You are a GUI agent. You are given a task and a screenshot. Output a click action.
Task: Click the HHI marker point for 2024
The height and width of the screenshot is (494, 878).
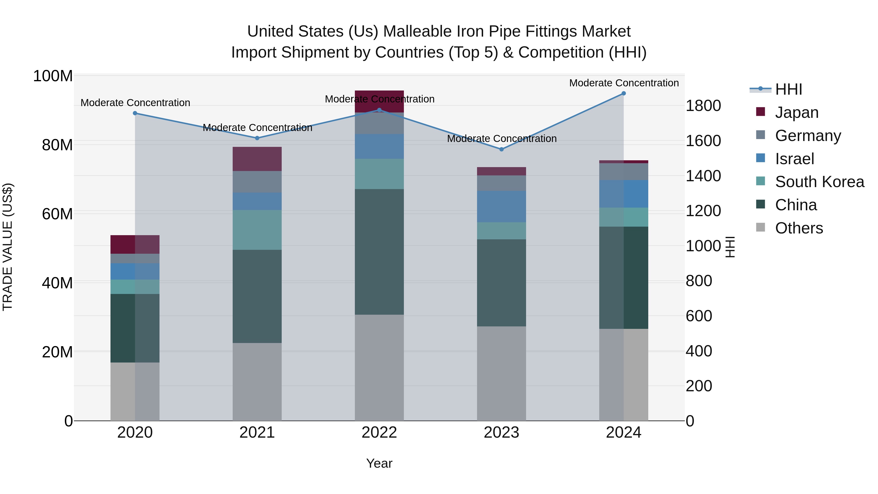point(623,93)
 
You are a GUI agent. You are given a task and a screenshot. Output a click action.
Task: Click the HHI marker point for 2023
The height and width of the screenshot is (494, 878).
point(501,149)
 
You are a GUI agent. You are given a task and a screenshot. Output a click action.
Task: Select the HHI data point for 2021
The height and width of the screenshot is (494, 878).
point(257,138)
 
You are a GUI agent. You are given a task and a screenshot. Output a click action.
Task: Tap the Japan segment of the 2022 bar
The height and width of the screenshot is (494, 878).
point(379,101)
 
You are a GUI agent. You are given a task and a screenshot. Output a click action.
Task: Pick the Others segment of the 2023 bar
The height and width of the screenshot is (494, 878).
point(501,373)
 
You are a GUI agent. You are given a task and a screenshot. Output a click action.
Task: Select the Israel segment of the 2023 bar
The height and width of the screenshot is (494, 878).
point(501,207)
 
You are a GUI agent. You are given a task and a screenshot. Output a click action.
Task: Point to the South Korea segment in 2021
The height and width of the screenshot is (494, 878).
point(257,230)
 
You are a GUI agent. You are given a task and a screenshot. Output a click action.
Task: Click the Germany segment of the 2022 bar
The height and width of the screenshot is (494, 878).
point(379,123)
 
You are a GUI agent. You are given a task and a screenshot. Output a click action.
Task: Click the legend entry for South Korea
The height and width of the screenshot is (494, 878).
point(819,182)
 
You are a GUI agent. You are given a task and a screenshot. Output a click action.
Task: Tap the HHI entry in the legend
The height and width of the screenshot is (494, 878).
point(788,89)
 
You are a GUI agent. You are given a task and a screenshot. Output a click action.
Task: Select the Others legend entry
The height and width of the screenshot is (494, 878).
point(798,228)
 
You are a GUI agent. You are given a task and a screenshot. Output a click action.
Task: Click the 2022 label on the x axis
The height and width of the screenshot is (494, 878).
point(379,433)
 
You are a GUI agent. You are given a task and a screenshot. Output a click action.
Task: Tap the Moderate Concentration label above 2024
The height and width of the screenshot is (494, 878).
point(624,83)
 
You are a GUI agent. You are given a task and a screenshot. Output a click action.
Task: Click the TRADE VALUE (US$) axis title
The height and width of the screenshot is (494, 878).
point(8,247)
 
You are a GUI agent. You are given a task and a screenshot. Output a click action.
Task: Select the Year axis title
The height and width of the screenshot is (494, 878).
point(379,463)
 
